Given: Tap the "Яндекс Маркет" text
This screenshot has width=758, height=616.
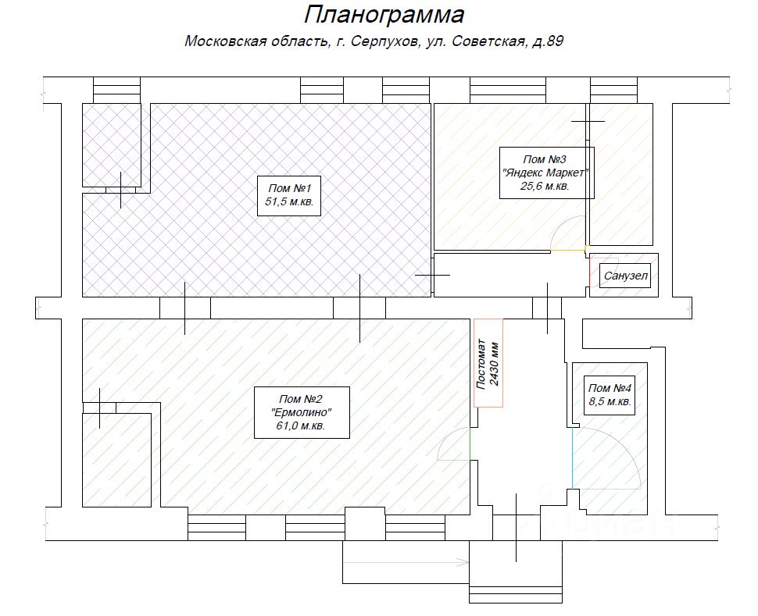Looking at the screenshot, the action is (x=546, y=173).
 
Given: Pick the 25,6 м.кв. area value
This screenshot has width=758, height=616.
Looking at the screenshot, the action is (x=545, y=186).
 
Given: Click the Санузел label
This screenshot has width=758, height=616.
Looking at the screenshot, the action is (x=625, y=276).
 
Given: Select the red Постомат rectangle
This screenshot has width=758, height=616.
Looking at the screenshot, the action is (x=488, y=362).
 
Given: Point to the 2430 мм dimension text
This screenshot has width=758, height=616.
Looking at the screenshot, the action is (x=495, y=362).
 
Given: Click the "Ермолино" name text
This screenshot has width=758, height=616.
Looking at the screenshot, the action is (x=302, y=412).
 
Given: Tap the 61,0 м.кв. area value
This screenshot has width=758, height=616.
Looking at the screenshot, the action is (x=302, y=426).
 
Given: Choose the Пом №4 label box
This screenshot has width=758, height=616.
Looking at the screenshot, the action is (x=610, y=395).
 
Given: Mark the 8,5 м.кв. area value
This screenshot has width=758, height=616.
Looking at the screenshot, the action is (x=610, y=402).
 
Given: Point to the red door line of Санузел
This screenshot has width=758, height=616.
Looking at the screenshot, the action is (x=590, y=270).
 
